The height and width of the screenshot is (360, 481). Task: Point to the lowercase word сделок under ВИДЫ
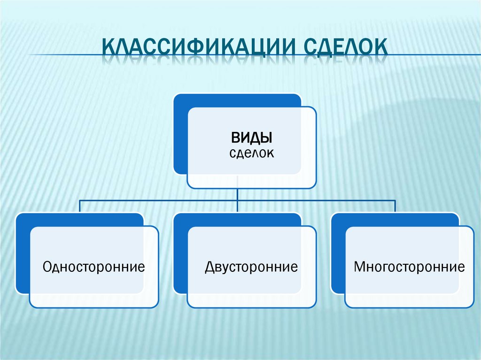point(251,153)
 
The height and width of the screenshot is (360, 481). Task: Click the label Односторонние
point(93,268)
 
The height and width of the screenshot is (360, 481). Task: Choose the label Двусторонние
point(251,268)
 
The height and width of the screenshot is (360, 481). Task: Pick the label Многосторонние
point(409,268)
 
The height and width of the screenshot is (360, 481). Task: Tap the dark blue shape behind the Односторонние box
point(23,253)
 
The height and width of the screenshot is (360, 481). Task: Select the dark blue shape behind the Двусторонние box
point(181,253)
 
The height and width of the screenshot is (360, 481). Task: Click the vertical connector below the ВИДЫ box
point(238,194)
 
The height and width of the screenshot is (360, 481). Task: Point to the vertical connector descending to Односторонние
point(79,207)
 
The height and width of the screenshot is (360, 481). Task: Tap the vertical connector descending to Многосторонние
point(395,207)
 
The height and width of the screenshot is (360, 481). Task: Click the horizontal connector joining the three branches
point(160,200)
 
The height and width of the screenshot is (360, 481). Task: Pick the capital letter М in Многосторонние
point(360,268)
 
